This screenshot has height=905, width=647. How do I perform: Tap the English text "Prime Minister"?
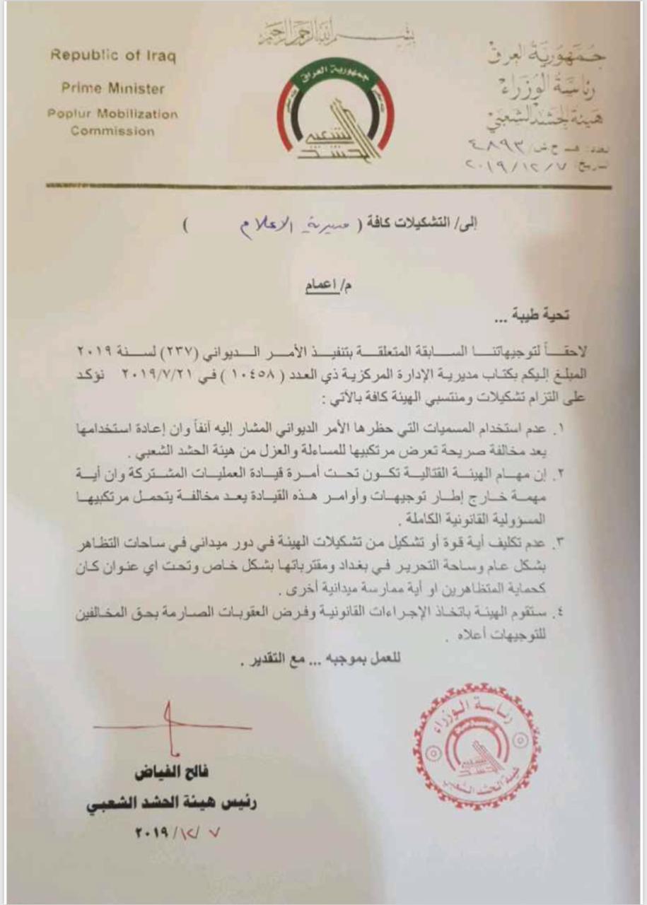(x=113, y=89)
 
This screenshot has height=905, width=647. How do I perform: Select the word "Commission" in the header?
(x=113, y=131)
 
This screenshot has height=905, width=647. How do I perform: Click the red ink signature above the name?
(x=169, y=728)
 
